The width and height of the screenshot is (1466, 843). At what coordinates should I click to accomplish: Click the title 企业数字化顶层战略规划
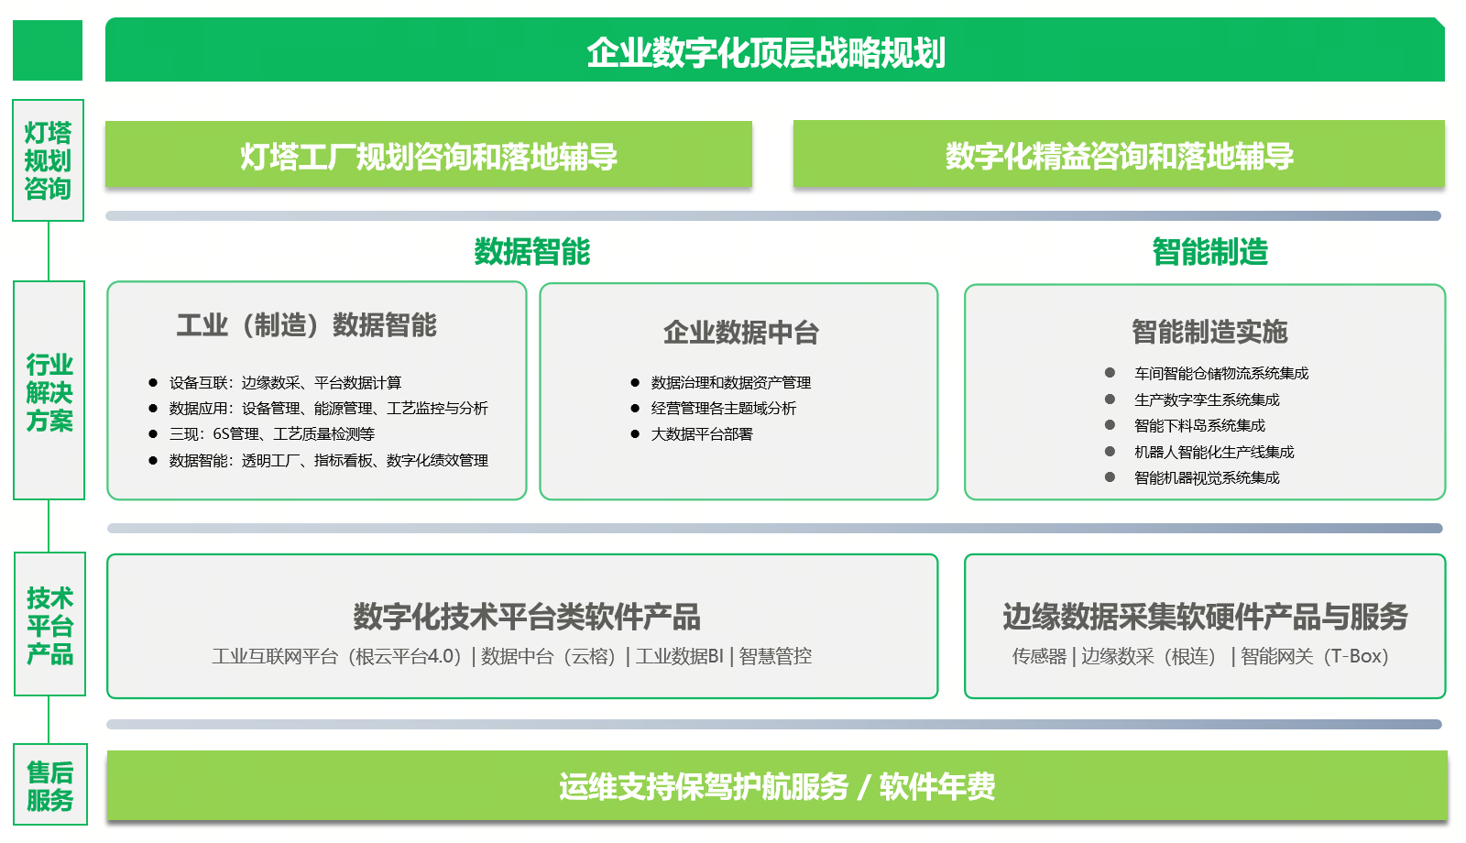pyautogui.click(x=766, y=52)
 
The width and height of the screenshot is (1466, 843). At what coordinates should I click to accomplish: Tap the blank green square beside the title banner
pyautogui.click(x=48, y=50)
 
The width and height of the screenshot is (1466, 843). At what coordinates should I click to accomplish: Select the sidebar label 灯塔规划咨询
pyautogui.click(x=48, y=160)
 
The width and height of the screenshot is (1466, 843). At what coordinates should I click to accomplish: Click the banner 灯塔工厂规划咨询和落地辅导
pyautogui.click(x=429, y=157)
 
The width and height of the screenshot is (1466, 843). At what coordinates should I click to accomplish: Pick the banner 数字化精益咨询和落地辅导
pyautogui.click(x=1119, y=157)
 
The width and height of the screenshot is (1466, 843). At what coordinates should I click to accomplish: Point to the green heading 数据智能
pyautogui.click(x=532, y=252)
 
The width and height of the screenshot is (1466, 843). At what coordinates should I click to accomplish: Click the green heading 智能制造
pyautogui.click(x=1210, y=252)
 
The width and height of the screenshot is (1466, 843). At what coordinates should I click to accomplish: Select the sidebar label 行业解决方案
pyautogui.click(x=49, y=392)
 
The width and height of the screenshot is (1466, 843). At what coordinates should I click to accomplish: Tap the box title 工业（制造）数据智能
pyautogui.click(x=306, y=325)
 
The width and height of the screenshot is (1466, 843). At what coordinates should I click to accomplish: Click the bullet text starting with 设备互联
pyautogui.click(x=285, y=382)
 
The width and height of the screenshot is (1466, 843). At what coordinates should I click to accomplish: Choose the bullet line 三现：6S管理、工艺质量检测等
pyautogui.click(x=272, y=434)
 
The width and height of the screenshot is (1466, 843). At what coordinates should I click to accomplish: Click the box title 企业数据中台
pyautogui.click(x=741, y=333)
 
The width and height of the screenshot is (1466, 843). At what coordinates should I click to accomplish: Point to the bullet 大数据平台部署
pyautogui.click(x=702, y=434)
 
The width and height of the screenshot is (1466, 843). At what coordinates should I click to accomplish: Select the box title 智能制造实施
pyautogui.click(x=1210, y=332)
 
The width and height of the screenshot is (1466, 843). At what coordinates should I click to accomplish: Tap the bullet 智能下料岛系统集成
pyautogui.click(x=1199, y=425)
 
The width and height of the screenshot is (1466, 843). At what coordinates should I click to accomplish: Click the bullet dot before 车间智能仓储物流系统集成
pyautogui.click(x=1110, y=372)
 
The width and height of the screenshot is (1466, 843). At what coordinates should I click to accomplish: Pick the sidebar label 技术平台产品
pyautogui.click(x=49, y=626)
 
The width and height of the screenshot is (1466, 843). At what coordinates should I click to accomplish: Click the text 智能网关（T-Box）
pyautogui.click(x=1315, y=656)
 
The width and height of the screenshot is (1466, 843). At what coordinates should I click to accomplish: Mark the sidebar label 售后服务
pyautogui.click(x=49, y=786)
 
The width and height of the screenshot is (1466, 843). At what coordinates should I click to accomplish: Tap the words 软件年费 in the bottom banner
pyautogui.click(x=937, y=786)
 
